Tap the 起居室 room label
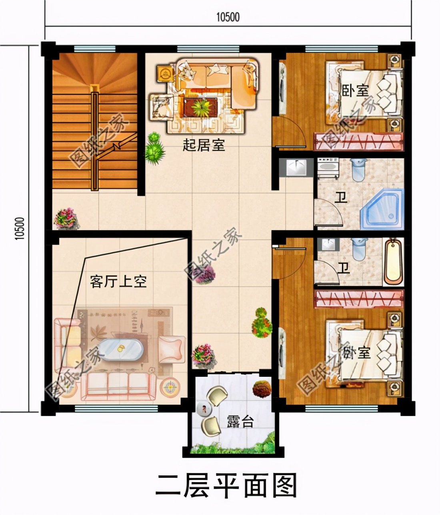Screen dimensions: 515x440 (x=204, y=145)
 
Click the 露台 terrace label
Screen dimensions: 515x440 (x=240, y=421)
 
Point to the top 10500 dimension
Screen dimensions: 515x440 (x=228, y=17)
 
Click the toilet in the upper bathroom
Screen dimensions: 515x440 (x=358, y=171)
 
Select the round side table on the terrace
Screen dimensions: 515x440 (x=206, y=409)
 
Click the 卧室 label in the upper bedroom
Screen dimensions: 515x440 (x=355, y=90)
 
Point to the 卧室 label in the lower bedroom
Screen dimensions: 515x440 (x=357, y=352)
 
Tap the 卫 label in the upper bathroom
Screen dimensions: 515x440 (x=341, y=197)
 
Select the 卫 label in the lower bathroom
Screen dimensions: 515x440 (x=343, y=268)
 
